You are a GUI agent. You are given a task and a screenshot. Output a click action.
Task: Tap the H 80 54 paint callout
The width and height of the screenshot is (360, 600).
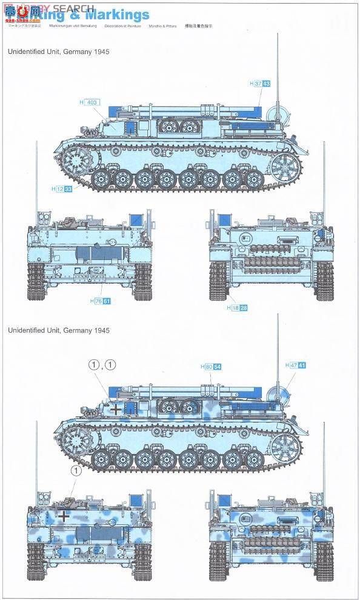(210, 367)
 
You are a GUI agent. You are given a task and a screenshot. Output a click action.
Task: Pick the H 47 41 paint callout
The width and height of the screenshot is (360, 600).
(295, 365)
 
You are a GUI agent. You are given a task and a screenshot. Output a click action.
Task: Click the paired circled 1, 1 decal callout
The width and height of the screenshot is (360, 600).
(101, 364)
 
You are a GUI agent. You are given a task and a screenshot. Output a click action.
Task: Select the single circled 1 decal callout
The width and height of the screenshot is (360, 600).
(76, 470)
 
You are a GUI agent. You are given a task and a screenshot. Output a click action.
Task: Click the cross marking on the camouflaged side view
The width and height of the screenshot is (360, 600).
(116, 408)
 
